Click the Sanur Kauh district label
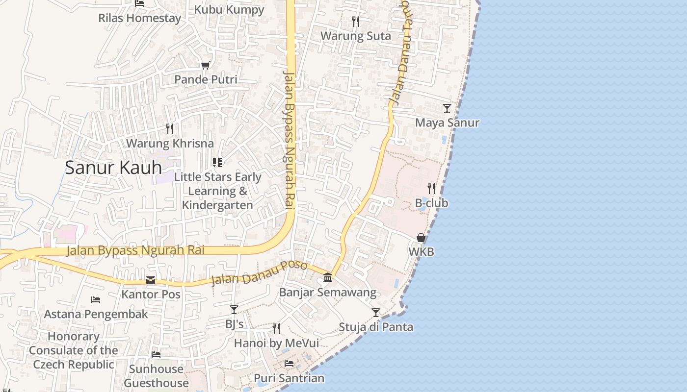click(x=113, y=168)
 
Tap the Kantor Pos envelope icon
click(x=151, y=280)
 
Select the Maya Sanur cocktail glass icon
click(x=447, y=108)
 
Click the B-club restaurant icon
click(x=431, y=188)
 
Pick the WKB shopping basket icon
click(x=421, y=238)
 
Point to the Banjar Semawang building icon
click(x=328, y=278)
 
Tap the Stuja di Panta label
click(x=376, y=327)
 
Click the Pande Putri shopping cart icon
click(x=206, y=65)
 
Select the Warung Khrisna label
click(x=170, y=144)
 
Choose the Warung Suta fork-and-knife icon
click(x=356, y=22)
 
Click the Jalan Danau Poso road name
click(x=259, y=273)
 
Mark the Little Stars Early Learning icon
click(x=217, y=162)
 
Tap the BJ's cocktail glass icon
click(x=234, y=310)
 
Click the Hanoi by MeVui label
click(x=276, y=343)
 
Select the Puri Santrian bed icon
click(x=289, y=364)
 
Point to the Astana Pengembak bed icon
click(x=96, y=300)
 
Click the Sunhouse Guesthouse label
click(x=156, y=376)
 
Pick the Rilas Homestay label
click(x=139, y=18)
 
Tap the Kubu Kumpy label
click(x=229, y=9)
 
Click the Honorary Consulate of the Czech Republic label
click(x=74, y=350)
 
